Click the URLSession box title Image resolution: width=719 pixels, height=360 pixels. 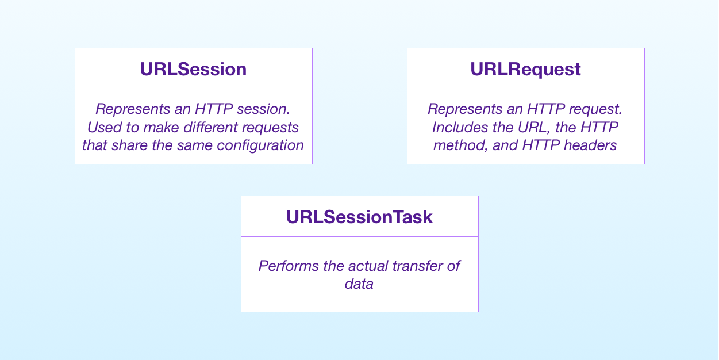(x=193, y=69)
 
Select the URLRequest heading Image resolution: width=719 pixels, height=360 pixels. (x=525, y=70)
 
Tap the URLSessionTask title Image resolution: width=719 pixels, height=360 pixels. (x=360, y=217)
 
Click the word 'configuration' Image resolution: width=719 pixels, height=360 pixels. (x=260, y=145)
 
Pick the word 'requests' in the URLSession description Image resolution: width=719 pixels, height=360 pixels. (x=271, y=128)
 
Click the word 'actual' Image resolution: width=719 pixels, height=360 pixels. (x=368, y=266)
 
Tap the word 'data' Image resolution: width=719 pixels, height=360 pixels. (x=359, y=284)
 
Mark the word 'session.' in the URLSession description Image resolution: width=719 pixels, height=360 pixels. (x=264, y=109)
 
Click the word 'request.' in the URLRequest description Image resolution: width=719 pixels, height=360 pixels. (x=596, y=110)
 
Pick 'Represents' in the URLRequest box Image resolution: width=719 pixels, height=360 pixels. (x=463, y=109)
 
